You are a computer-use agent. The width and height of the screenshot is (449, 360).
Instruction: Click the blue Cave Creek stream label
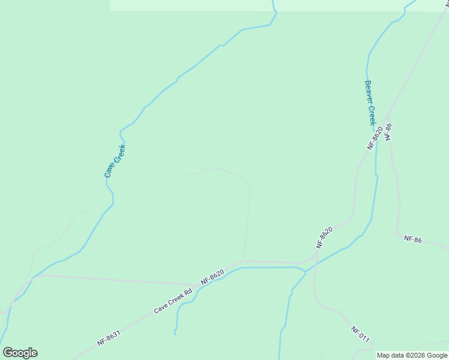(x=115, y=161)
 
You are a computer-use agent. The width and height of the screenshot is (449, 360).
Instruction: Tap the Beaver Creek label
(x=370, y=103)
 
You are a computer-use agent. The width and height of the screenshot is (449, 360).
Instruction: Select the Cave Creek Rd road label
(x=172, y=301)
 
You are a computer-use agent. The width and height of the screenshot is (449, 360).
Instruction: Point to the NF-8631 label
(x=111, y=335)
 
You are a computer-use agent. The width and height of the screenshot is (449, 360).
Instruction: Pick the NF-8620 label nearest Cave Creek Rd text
(x=212, y=277)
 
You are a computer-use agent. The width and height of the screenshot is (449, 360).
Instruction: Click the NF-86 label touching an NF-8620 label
(x=388, y=131)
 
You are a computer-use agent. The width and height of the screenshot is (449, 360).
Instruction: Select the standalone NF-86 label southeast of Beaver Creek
(x=413, y=239)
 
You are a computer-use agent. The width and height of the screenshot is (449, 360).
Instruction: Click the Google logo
(x=20, y=353)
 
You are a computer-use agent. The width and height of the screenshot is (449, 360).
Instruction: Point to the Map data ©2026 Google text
(x=412, y=355)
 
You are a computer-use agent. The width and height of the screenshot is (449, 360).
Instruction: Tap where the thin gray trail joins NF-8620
(x=244, y=261)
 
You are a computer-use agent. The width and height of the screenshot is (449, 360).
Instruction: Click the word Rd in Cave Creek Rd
(x=187, y=293)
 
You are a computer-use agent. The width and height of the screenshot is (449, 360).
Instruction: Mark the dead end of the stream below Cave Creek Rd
(x=175, y=334)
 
